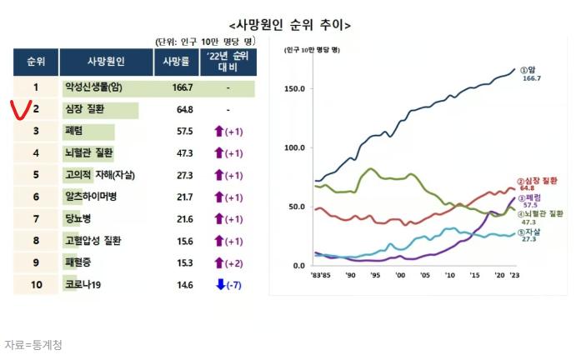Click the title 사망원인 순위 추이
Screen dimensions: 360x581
289,25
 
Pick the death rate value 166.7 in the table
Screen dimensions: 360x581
182,87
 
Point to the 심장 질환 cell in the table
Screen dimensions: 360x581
83,109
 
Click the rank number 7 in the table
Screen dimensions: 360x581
36,218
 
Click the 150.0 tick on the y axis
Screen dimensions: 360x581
294,88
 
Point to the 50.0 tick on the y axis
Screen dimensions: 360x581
297,207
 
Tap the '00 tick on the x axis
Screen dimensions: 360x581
400,274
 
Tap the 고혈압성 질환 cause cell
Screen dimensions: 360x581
93,240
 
